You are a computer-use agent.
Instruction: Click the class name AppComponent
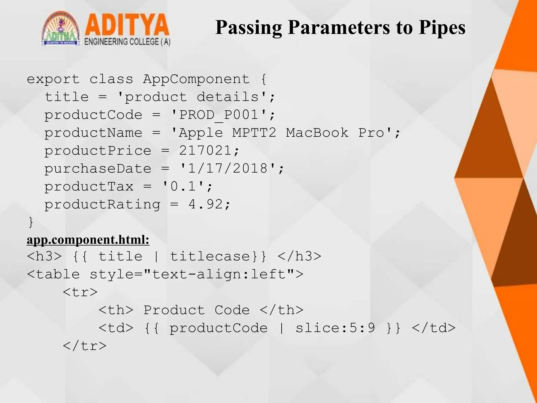point(196,79)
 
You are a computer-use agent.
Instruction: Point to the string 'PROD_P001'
point(223,115)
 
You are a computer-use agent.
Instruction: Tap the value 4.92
point(205,204)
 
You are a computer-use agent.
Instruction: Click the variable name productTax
point(89,187)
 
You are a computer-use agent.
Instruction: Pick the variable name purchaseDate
point(98,168)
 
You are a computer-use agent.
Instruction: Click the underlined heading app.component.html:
point(88,240)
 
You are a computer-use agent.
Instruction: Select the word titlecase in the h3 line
point(210,256)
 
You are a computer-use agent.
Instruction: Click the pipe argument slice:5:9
point(335,328)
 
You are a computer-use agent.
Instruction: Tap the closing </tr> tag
point(84,346)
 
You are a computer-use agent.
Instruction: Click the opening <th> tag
point(116,310)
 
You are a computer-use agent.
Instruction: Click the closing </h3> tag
point(299,256)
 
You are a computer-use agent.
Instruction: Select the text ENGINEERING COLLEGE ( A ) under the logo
point(127,42)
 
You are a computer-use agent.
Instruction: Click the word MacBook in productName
point(317,133)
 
